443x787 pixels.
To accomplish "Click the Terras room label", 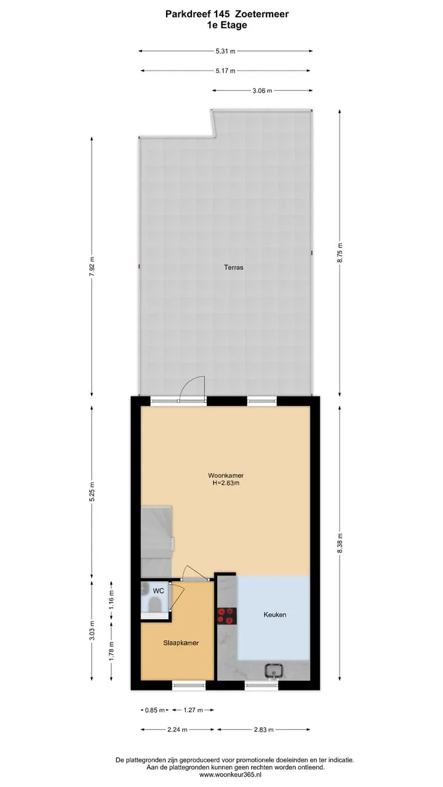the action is tap(233, 267).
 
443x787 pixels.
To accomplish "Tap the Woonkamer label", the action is tap(226, 475).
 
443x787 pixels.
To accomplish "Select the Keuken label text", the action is tap(274, 614).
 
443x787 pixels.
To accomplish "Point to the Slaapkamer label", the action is tap(181, 643).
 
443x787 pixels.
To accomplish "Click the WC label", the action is tap(158, 591).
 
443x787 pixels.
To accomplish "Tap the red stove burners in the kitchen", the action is tap(227, 616).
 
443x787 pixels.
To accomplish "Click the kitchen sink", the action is tap(274, 671).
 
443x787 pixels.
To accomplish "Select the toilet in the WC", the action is tap(154, 605).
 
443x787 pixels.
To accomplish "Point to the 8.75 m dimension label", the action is tap(340, 253).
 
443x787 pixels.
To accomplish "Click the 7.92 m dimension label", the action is tap(92, 266).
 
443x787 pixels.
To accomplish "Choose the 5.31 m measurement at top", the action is tap(225, 51).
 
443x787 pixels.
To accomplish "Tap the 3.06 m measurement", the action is tap(262, 90).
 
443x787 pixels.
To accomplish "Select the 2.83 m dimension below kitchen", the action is tap(264, 729).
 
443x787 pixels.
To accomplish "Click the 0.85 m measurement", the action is tap(154, 710).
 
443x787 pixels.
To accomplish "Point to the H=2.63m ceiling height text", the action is tap(226, 483).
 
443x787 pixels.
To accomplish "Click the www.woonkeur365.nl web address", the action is tap(235, 774).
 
